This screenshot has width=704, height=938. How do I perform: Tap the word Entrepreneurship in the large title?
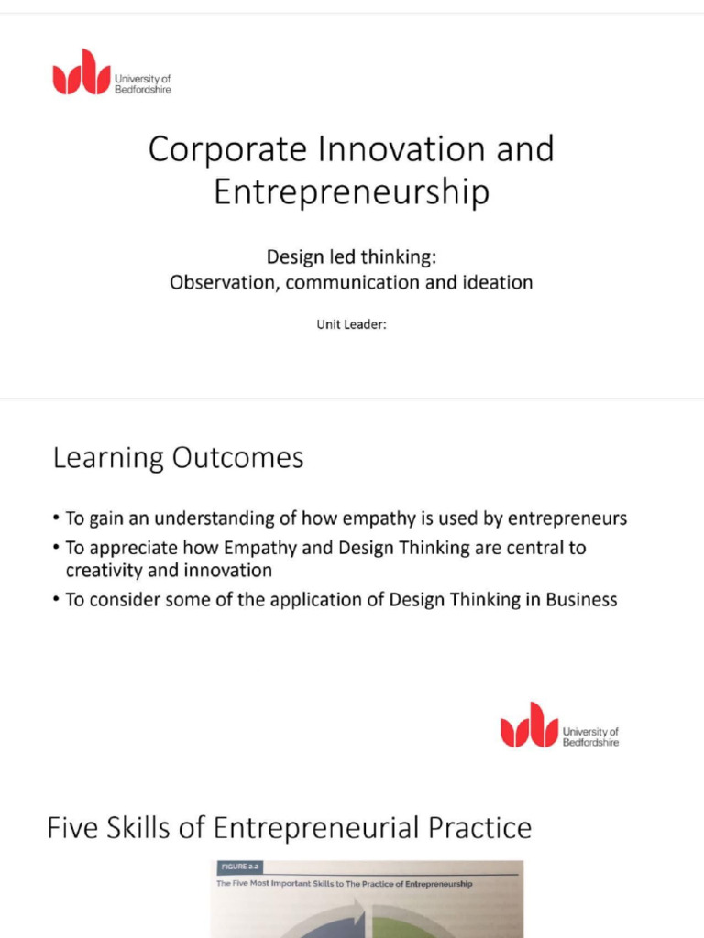[351, 192]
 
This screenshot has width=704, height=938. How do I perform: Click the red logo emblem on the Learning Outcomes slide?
[529, 725]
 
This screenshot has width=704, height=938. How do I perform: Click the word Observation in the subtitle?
[223, 282]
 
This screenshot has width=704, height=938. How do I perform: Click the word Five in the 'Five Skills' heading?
[71, 828]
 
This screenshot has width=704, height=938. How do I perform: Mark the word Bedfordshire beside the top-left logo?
[143, 90]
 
